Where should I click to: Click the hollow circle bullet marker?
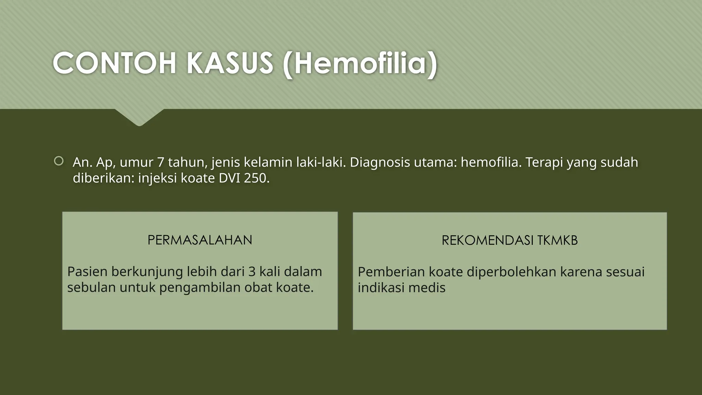pos(59,161)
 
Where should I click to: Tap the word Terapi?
pos(544,162)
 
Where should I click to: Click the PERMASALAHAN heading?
pos(200,240)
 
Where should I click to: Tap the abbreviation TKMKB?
pos(557,240)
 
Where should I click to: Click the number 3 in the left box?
pos(252,272)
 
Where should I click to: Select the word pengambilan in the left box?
pos(200,287)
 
